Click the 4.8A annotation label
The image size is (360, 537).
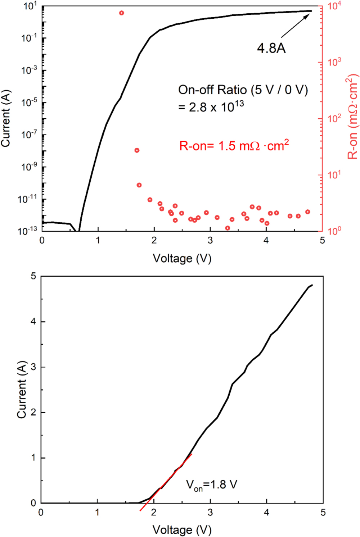pyautogui.click(x=271, y=48)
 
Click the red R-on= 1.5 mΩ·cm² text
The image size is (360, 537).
pyautogui.click(x=234, y=145)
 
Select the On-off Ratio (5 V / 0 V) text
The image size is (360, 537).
pyautogui.click(x=243, y=90)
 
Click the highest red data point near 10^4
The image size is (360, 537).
pyautogui.click(x=122, y=13)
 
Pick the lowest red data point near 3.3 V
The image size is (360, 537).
pyautogui.click(x=228, y=228)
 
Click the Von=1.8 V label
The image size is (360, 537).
pyautogui.click(x=211, y=485)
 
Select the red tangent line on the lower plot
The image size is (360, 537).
pyautogui.click(x=166, y=482)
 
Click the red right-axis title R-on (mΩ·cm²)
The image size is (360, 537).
pyautogui.click(x=352, y=117)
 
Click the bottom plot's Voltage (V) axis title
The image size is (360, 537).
pyautogui.click(x=182, y=530)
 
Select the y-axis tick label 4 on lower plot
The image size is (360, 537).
pyautogui.click(x=33, y=322)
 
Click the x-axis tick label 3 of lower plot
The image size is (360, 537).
pyautogui.click(x=210, y=513)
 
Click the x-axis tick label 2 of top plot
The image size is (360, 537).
pyautogui.click(x=154, y=240)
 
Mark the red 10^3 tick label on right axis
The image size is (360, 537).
pyautogui.click(x=334, y=62)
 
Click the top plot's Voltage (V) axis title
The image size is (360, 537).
pyautogui.click(x=182, y=258)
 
